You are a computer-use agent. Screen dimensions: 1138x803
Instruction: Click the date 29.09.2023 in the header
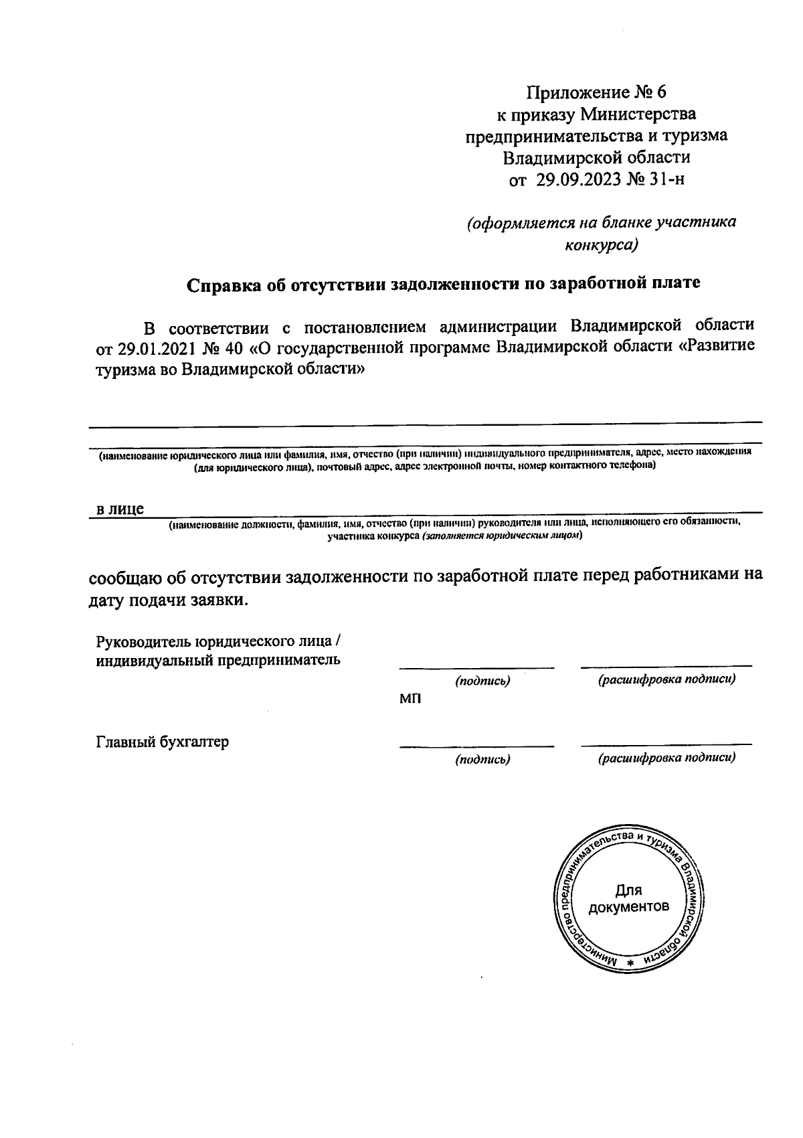(579, 180)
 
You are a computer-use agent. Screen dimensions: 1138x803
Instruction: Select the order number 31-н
(666, 180)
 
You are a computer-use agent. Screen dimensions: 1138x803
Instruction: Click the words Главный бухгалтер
(163, 742)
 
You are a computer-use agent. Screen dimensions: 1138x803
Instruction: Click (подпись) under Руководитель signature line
(482, 681)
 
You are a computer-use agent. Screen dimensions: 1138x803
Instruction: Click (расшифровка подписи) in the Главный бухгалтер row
(666, 758)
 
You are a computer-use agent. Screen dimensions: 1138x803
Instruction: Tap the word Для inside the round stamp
(628, 890)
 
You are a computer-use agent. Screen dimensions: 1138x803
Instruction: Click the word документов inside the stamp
(628, 908)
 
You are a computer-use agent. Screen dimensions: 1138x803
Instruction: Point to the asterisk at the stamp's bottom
(629, 962)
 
